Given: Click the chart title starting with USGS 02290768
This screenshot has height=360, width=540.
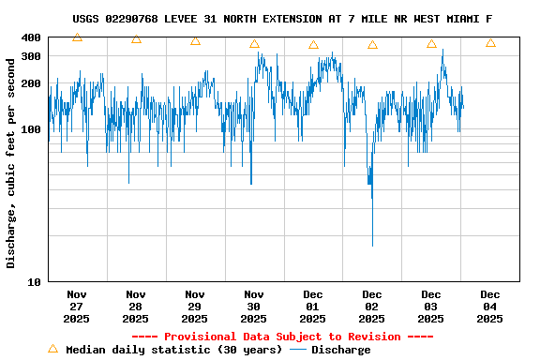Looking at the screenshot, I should pyautogui.click(x=282, y=19).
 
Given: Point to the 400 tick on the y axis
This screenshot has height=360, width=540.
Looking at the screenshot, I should pyautogui.click(x=30, y=37).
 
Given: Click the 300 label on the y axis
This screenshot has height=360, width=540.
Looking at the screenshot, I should pyautogui.click(x=30, y=56).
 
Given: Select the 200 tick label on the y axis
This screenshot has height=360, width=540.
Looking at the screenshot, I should pyautogui.click(x=30, y=83).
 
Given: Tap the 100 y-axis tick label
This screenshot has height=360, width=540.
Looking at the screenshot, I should pyautogui.click(x=30, y=129).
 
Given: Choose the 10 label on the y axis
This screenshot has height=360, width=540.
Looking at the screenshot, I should pyautogui.click(x=34, y=281).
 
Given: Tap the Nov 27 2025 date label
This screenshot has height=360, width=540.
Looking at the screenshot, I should pyautogui.click(x=77, y=306).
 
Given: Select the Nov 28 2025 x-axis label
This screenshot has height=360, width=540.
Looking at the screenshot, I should pyautogui.click(x=136, y=306).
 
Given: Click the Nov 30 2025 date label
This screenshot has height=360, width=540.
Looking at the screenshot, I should pyautogui.click(x=254, y=306).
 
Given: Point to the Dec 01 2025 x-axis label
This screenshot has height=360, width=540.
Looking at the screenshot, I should pyautogui.click(x=313, y=306).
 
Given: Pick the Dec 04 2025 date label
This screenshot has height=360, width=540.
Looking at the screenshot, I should pyautogui.click(x=490, y=306).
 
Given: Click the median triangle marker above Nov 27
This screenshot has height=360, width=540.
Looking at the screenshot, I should pyautogui.click(x=77, y=37).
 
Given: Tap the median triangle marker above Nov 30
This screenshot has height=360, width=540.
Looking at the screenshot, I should pyautogui.click(x=254, y=43).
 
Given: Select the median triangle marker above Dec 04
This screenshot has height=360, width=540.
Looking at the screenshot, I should pyautogui.click(x=490, y=42).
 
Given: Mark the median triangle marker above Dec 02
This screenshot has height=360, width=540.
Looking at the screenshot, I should pyautogui.click(x=372, y=44).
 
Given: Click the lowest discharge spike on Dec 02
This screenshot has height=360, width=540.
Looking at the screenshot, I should pyautogui.click(x=372, y=244).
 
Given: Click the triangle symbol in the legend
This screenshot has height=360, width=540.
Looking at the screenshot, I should pyautogui.click(x=52, y=349).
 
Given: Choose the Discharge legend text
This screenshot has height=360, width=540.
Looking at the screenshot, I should pyautogui.click(x=341, y=350).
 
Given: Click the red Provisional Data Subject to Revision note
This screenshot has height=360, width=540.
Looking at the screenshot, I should pyautogui.click(x=282, y=337).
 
